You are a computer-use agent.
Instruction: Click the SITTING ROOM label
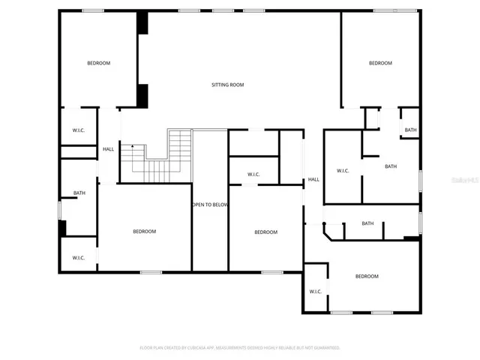(227, 85)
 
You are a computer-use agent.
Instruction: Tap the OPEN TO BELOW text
(210, 205)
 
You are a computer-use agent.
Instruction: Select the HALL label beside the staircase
(109, 149)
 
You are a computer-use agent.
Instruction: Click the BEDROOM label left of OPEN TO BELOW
(145, 231)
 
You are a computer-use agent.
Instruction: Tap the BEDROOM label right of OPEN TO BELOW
(265, 232)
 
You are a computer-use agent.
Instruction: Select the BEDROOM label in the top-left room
(98, 63)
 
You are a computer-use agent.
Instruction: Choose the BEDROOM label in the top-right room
(380, 63)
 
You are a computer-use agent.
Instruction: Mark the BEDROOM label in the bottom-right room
(367, 276)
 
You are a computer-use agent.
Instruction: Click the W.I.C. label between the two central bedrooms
(253, 175)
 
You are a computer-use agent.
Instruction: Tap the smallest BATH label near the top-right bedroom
(410, 130)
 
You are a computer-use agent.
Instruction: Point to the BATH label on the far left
(79, 193)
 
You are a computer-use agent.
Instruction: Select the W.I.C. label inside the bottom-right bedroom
(315, 291)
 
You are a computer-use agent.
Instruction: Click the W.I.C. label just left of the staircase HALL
(79, 130)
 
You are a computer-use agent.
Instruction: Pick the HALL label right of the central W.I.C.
(313, 179)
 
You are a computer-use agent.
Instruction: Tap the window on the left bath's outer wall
(59, 209)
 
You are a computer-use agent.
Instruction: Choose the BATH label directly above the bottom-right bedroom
(367, 223)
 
